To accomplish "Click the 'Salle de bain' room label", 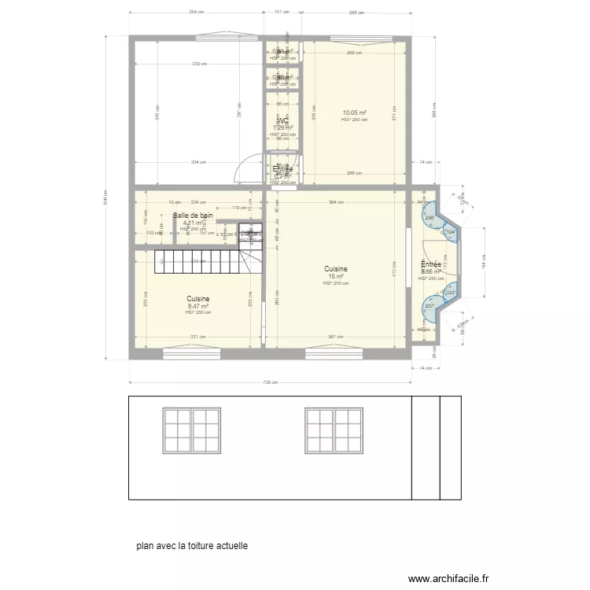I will pyautogui.click(x=193, y=215).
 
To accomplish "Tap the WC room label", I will pyautogui.click(x=282, y=121).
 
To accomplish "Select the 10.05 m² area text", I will pyautogui.click(x=355, y=112).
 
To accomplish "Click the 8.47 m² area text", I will pyautogui.click(x=197, y=306).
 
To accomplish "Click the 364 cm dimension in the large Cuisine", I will pyautogui.click(x=336, y=203).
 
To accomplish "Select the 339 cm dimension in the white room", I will pyautogui.click(x=199, y=64).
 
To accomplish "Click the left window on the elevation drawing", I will pyautogui.click(x=190, y=430).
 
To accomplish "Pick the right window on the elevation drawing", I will pyautogui.click(x=334, y=430).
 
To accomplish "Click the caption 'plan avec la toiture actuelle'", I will pyautogui.click(x=191, y=544).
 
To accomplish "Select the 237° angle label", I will pyautogui.click(x=430, y=306).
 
